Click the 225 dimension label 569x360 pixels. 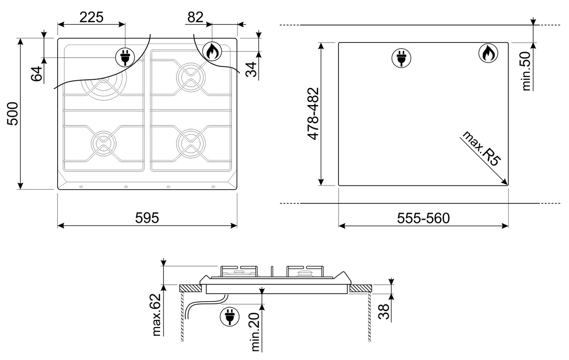pyautogui.click(x=92, y=17)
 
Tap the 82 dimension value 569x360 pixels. pyautogui.click(x=196, y=17)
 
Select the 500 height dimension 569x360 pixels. pyautogui.click(x=13, y=113)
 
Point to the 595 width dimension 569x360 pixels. pyautogui.click(x=147, y=218)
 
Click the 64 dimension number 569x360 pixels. pyautogui.click(x=37, y=73)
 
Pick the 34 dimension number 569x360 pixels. pyautogui.click(x=251, y=69)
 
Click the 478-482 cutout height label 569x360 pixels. pyautogui.click(x=313, y=114)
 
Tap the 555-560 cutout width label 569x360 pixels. pyautogui.click(x=423, y=218)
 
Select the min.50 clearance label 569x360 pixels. pyautogui.click(x=526, y=71)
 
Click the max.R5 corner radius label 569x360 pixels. pyautogui.click(x=481, y=149)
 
